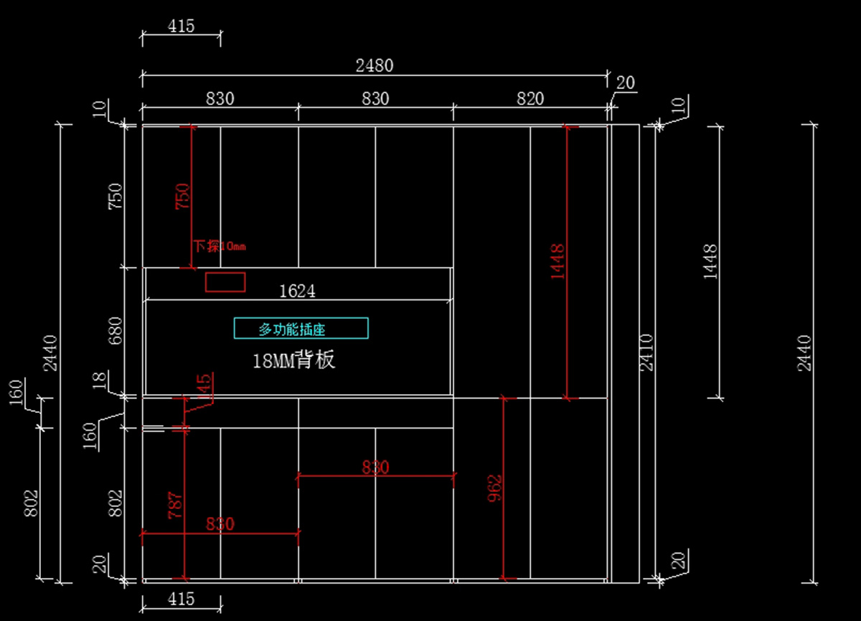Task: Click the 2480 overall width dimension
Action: [x=375, y=65]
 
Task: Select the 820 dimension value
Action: [x=530, y=98]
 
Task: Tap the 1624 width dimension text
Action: [x=297, y=291]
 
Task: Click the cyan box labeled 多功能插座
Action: [x=301, y=328]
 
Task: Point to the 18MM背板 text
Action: [x=293, y=360]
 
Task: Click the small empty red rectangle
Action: [x=225, y=282]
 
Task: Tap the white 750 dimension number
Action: [x=115, y=196]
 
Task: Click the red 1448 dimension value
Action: [x=557, y=261]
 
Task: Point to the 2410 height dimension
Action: [x=646, y=352]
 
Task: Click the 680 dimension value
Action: [x=115, y=331]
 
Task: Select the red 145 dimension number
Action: [x=204, y=387]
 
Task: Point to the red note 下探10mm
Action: [x=220, y=246]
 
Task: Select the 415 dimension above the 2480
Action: [x=181, y=27]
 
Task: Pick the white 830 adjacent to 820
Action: [x=375, y=98]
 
